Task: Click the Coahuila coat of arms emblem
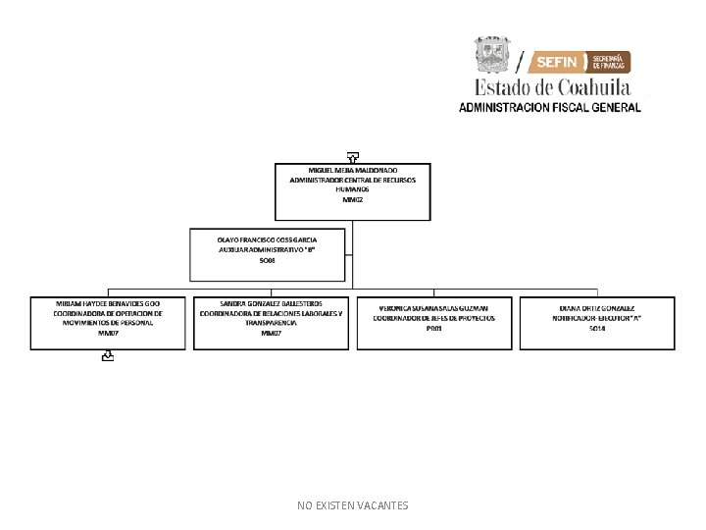coord(493,55)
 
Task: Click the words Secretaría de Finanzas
coord(610,62)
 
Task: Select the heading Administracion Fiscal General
coord(550,107)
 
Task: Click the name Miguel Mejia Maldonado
coord(353,170)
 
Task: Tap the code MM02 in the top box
coord(353,199)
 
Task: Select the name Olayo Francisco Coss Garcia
coord(268,238)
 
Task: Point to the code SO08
coord(268,260)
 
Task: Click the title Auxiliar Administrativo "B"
coord(268,249)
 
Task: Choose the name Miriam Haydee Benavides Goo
coord(108,304)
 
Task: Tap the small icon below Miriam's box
coord(107,358)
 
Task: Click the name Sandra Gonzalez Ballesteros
coord(272,304)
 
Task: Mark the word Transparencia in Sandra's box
coord(272,323)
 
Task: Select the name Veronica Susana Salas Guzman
coord(434,308)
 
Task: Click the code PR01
coord(434,329)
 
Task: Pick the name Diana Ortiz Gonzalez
coord(597,308)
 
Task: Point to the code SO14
coord(597,329)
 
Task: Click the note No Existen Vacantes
coord(353,505)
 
